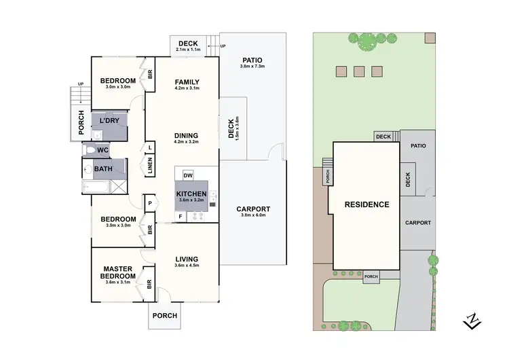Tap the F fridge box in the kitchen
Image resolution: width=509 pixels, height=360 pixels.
pos(181,217)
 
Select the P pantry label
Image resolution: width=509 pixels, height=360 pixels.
pos(149,202)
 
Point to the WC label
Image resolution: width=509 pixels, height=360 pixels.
pos(102,150)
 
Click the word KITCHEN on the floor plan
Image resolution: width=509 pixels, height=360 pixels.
pos(191,194)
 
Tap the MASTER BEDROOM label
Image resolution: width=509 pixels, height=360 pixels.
pos(117,272)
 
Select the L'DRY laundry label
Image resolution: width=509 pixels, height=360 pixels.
pos(109,121)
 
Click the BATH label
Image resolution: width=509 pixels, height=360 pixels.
pos(103,169)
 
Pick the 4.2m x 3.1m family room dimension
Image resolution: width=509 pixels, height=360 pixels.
pos(186,89)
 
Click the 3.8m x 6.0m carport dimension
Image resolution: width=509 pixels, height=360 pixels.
pos(253,217)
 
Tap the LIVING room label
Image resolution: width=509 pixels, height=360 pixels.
pos(186,259)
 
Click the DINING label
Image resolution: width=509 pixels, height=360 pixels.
pos(186,134)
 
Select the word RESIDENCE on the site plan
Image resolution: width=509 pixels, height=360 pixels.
pos(366,204)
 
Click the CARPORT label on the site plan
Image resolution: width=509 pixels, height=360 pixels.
pos(417,222)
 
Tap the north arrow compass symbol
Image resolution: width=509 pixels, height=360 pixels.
pos(470,319)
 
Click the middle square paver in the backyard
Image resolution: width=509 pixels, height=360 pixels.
pos(358,70)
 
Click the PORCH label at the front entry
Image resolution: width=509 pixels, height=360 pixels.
pos(164,315)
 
